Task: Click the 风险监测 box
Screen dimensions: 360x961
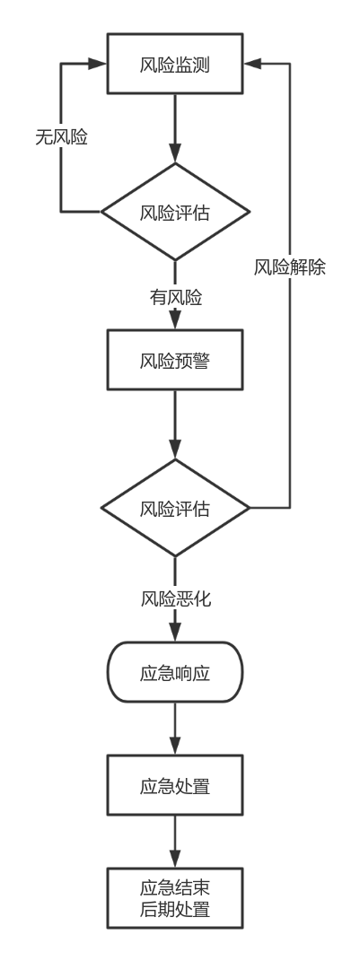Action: pyautogui.click(x=175, y=64)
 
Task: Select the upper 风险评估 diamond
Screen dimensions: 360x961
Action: pyautogui.click(x=175, y=212)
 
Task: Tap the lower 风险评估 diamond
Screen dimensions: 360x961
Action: pyautogui.click(x=175, y=508)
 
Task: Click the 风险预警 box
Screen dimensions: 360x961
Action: pyautogui.click(x=175, y=360)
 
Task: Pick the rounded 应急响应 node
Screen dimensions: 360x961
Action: pyautogui.click(x=175, y=672)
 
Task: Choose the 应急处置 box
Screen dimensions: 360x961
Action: pyautogui.click(x=175, y=785)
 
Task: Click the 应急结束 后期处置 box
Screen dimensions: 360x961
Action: pyautogui.click(x=175, y=898)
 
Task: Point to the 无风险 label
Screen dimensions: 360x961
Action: pyautogui.click(x=61, y=137)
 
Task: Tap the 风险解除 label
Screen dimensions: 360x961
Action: pyautogui.click(x=290, y=267)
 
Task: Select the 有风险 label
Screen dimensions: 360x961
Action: pyautogui.click(x=176, y=298)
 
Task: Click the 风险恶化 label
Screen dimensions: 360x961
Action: pyautogui.click(x=176, y=598)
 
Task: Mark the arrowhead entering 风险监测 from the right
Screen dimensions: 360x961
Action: pyautogui.click(x=252, y=64)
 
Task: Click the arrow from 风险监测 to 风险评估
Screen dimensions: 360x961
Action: pyautogui.click(x=175, y=128)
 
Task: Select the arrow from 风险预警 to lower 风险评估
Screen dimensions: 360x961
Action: pyautogui.click(x=175, y=424)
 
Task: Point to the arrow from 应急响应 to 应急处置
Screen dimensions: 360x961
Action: pyautogui.click(x=175, y=729)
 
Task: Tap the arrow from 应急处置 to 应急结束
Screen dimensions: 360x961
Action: pyautogui.click(x=175, y=842)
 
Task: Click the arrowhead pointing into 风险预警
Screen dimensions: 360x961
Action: pyautogui.click(x=175, y=320)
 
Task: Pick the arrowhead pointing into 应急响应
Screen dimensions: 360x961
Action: pyautogui.click(x=175, y=632)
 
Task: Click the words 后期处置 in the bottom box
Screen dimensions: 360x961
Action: pyautogui.click(x=175, y=909)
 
